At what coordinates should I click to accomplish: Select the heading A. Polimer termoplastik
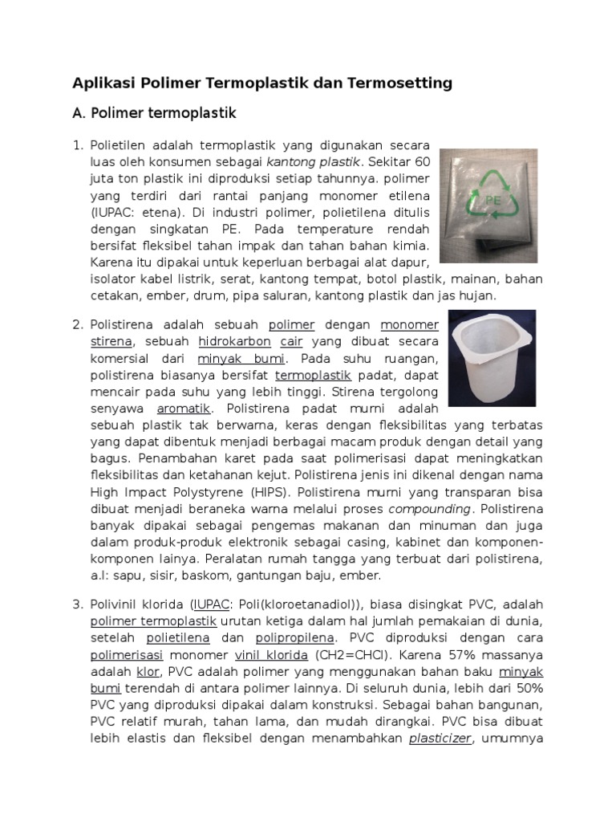[154, 114]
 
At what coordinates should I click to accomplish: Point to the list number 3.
[78, 603]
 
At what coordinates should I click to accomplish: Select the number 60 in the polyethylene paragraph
[422, 160]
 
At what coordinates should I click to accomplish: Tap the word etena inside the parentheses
[157, 211]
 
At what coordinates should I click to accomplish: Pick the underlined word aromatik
[184, 408]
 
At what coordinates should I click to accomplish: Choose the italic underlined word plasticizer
[440, 739]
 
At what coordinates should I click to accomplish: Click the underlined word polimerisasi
[124, 654]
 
